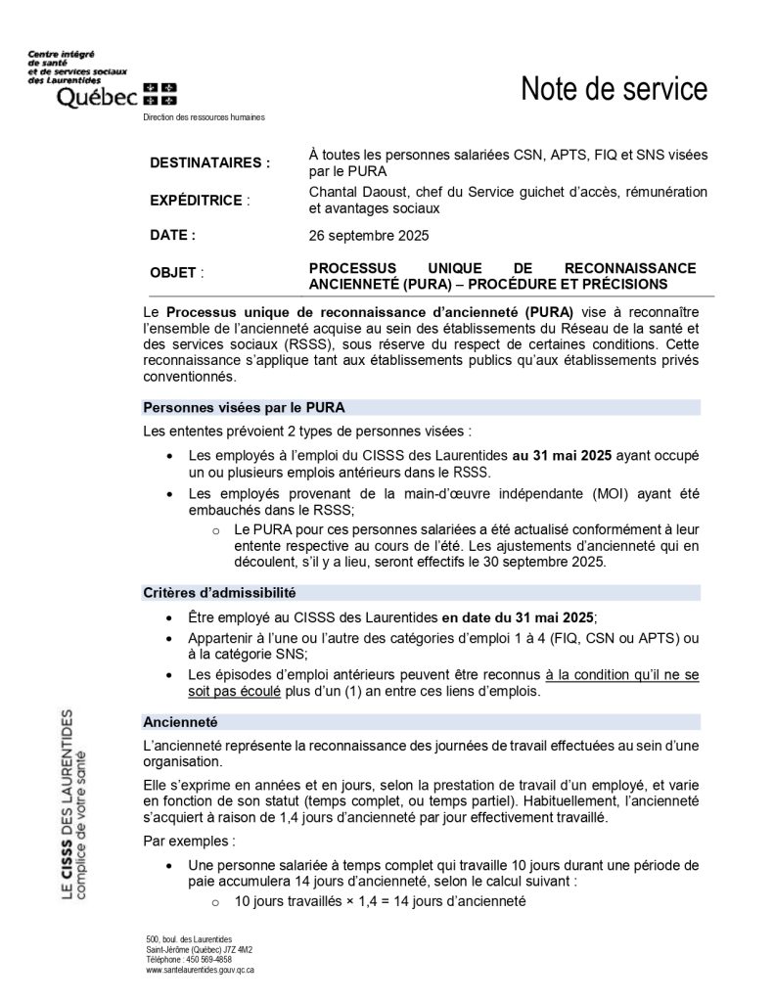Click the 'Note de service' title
pos(614,89)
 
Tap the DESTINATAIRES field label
pos(209,162)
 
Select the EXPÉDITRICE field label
pos(196,200)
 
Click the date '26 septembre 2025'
pos(369,236)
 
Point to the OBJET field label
pos(176,273)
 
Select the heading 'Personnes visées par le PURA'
pos(244,407)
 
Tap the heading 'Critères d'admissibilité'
pos(219,592)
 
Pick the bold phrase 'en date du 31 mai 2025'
pos(518,617)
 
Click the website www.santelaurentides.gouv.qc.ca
pos(200,970)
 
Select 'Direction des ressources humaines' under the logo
pos(204,117)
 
